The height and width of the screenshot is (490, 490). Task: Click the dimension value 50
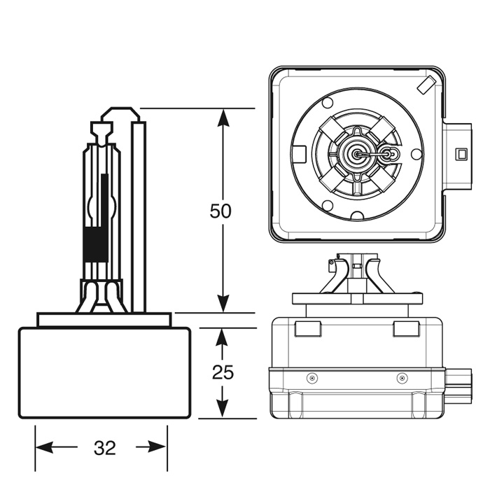coord(220,211)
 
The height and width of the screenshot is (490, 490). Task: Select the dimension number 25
coord(222,372)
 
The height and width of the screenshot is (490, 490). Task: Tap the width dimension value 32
coord(104,448)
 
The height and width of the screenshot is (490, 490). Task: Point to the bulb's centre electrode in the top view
coord(357,153)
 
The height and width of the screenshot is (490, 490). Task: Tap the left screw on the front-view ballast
coord(312,378)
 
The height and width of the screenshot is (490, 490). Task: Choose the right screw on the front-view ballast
coord(401,378)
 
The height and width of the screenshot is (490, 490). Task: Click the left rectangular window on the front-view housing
coord(308,329)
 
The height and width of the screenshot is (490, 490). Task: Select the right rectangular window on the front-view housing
coord(405,329)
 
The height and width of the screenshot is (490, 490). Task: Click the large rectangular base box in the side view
coord(104,372)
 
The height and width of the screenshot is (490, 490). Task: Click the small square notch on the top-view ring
coord(300,153)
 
